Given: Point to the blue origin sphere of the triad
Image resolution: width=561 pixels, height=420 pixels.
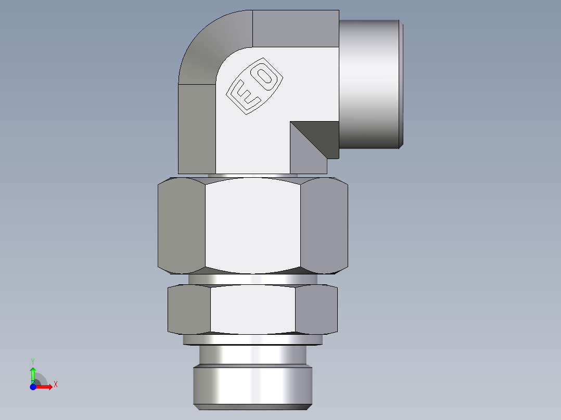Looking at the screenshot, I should (33, 387).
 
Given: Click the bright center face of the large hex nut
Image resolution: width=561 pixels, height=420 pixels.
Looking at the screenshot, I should (253, 225).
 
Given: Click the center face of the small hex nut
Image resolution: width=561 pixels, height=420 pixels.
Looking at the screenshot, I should (253, 310).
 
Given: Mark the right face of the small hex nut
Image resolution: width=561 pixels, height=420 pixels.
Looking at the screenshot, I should (316, 310).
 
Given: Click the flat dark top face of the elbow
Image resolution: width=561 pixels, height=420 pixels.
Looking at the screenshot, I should (295, 29).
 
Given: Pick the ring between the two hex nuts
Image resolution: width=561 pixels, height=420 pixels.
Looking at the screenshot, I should (253, 279).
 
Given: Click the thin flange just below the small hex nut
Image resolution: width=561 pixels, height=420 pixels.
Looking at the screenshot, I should (253, 339).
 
